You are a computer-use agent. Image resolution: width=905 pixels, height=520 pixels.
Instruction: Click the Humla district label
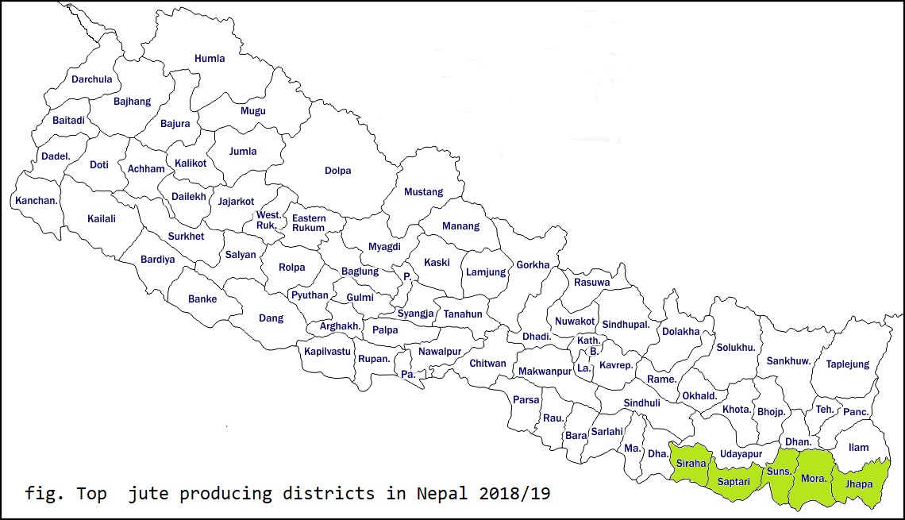pyautogui.click(x=210, y=58)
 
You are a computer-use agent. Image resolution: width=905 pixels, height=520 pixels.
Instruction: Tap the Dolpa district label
pyautogui.click(x=337, y=171)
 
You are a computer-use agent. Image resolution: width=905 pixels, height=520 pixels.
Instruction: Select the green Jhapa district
pyautogui.click(x=859, y=484)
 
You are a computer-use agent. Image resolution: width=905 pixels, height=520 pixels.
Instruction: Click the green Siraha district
pyautogui.click(x=691, y=464)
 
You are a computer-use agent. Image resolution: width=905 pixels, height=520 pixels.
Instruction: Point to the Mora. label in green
pyautogui.click(x=814, y=479)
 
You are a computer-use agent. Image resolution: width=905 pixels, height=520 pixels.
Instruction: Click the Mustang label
pyautogui.click(x=423, y=192)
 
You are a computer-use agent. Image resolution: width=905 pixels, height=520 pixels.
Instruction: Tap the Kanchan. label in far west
pyautogui.click(x=37, y=200)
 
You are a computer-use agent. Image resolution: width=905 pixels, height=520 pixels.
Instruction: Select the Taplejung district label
pyautogui.click(x=847, y=364)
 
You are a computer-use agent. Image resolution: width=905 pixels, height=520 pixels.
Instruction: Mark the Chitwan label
pyautogui.click(x=487, y=364)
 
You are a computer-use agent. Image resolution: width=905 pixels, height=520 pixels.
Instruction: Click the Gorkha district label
pyautogui.click(x=533, y=265)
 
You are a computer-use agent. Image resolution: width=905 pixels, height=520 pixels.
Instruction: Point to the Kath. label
pyautogui.click(x=588, y=340)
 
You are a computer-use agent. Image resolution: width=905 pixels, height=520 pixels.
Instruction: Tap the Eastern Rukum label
pyautogui.click(x=308, y=223)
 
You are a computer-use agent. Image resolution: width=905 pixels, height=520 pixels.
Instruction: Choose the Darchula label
pyautogui.click(x=92, y=79)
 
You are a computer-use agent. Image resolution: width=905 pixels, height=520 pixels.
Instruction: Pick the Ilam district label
pyautogui.click(x=858, y=448)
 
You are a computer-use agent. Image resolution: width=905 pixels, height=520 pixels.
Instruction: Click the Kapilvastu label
pyautogui.click(x=327, y=352)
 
